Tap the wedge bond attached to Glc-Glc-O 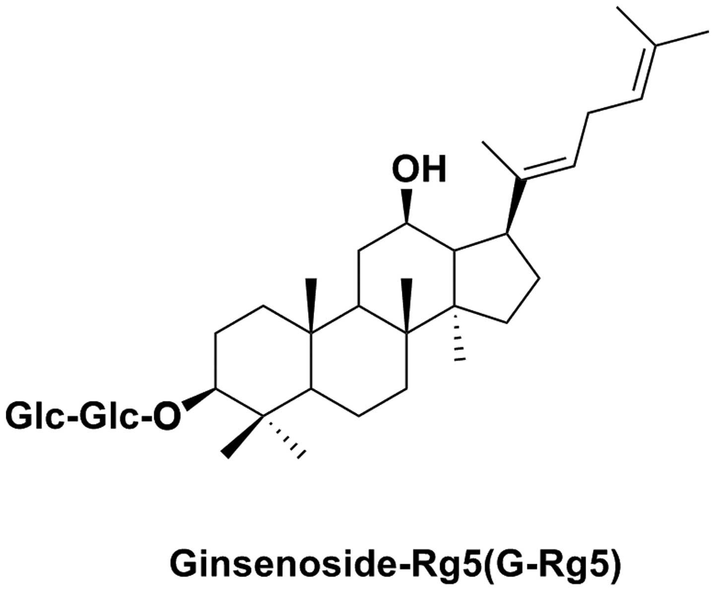pyautogui.click(x=198, y=398)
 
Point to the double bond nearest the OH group pyautogui.click(x=546, y=170)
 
